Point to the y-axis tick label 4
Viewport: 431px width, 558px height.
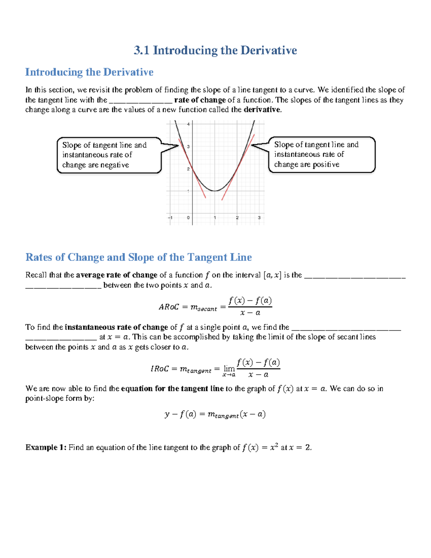click(x=189, y=124)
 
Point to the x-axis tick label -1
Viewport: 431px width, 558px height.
click(x=170, y=218)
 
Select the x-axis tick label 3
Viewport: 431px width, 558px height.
click(x=259, y=218)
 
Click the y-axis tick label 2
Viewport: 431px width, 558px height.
click(x=189, y=169)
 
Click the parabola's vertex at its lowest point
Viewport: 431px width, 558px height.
click(x=215, y=191)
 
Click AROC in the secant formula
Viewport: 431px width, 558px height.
click(x=168, y=307)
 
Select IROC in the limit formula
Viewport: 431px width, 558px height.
click(x=159, y=369)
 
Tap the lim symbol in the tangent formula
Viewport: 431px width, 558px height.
click(x=229, y=369)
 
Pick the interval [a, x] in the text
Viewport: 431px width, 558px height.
click(x=272, y=275)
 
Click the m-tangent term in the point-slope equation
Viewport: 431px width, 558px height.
click(x=223, y=415)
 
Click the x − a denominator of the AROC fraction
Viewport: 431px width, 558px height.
click(x=250, y=313)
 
